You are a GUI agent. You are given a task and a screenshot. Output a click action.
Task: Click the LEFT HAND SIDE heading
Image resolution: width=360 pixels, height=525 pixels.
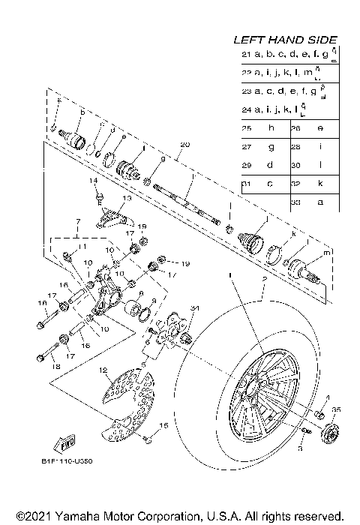(x=285, y=40)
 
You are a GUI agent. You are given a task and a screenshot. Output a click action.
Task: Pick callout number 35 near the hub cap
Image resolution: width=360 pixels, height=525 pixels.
(x=336, y=410)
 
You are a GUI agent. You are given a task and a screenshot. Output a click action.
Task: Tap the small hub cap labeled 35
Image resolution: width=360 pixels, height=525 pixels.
(x=328, y=433)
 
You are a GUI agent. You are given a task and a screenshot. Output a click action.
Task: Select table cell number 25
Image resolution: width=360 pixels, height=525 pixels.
(x=247, y=128)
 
